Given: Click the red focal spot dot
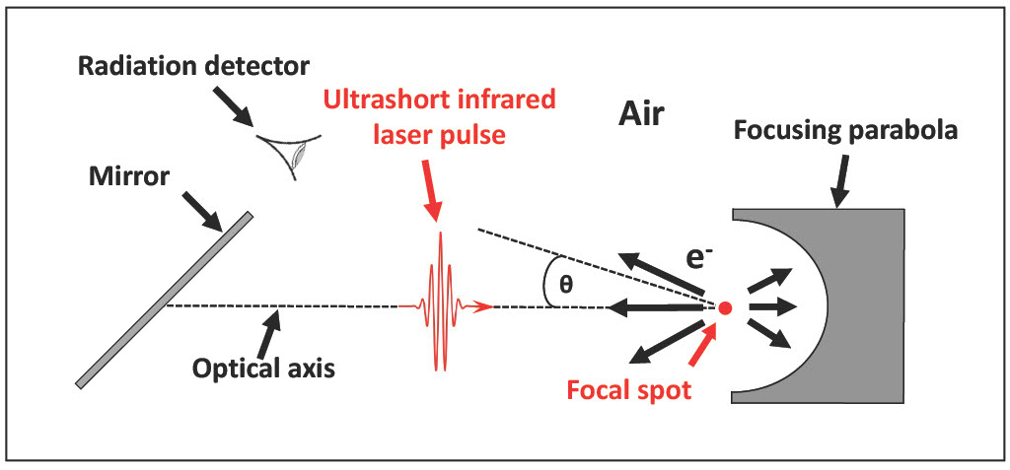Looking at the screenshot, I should click(725, 308).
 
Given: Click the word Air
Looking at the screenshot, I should click(641, 114).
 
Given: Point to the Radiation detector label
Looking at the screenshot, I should click(194, 66).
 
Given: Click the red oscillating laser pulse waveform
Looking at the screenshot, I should click(440, 302).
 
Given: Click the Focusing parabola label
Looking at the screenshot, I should click(846, 130).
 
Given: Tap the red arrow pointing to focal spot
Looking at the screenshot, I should click(703, 347).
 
